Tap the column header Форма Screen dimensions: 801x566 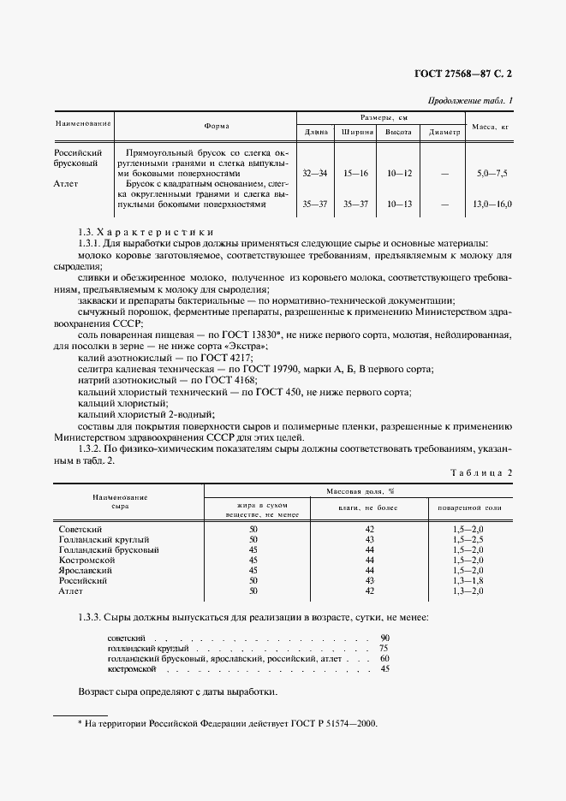pyautogui.click(x=217, y=126)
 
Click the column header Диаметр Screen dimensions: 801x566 pyautogui.click(x=444, y=133)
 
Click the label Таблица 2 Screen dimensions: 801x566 pyautogui.click(x=480, y=472)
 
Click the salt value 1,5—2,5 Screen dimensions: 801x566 pyautogui.click(x=468, y=540)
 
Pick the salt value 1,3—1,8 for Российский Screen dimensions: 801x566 pyautogui.click(x=468, y=580)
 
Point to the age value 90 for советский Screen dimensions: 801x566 pyautogui.click(x=384, y=638)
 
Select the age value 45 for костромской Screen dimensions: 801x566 pyautogui.click(x=384, y=669)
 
